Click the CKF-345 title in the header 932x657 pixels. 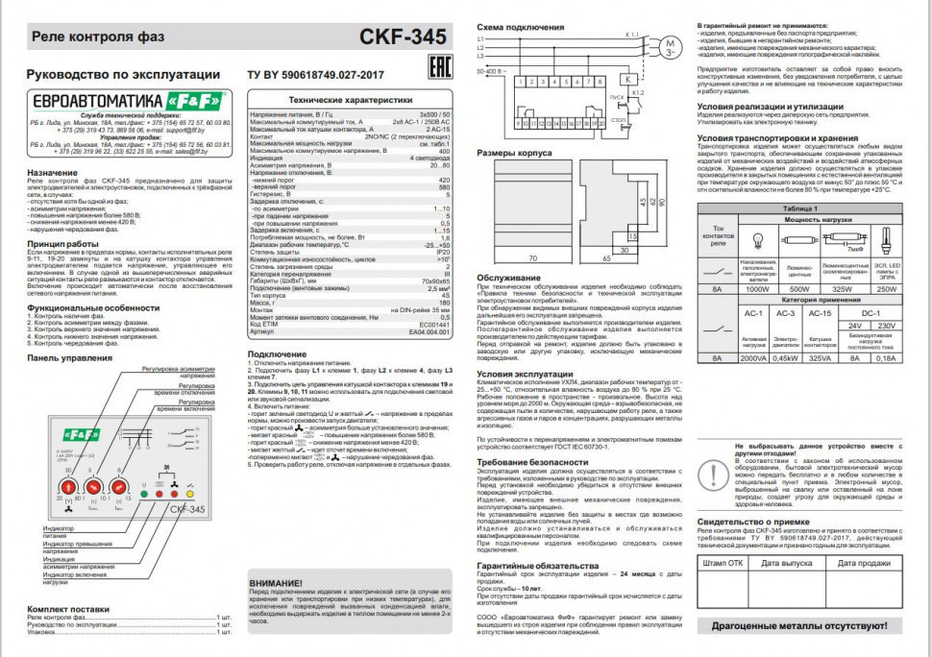pyautogui.click(x=403, y=37)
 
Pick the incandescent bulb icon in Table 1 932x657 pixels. pyautogui.click(x=758, y=236)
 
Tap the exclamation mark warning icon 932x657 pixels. pyautogui.click(x=715, y=473)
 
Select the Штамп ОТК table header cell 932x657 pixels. pyautogui.click(x=723, y=563)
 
